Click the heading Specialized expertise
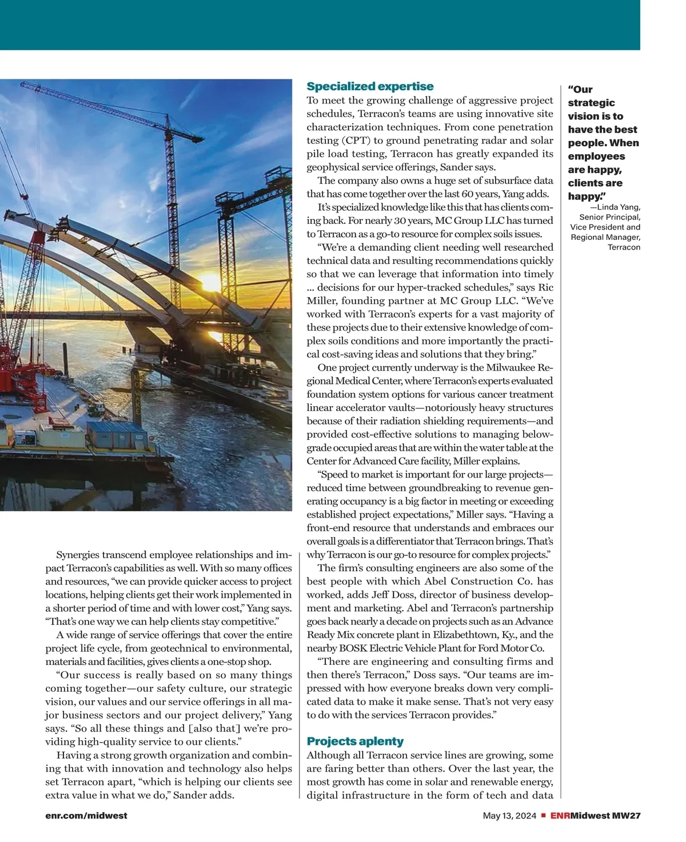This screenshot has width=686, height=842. [370, 87]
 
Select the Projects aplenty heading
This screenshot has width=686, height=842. [355, 741]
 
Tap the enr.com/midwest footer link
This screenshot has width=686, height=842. [86, 816]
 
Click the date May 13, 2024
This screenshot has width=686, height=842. [509, 816]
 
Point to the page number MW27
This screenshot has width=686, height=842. [626, 816]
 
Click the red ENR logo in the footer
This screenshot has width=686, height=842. [560, 816]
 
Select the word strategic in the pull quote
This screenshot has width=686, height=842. [591, 103]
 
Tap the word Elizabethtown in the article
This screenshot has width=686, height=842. [465, 635]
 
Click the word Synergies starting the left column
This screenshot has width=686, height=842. [77, 555]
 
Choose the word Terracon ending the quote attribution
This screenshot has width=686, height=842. [624, 247]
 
